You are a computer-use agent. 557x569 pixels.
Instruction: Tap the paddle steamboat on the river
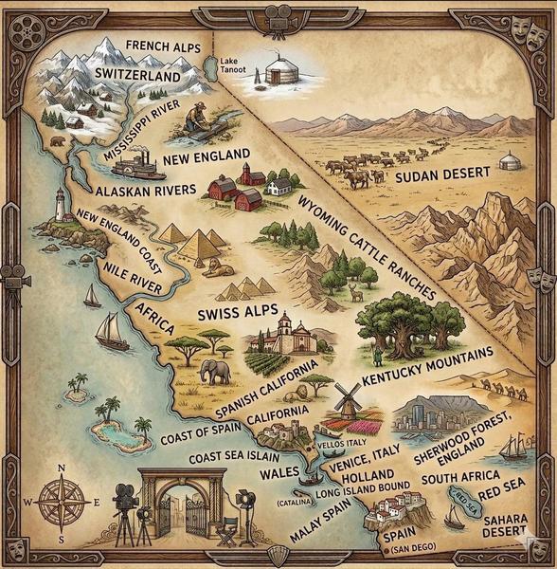(x=138, y=166)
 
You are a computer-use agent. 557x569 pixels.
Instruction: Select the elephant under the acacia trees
(x=216, y=370)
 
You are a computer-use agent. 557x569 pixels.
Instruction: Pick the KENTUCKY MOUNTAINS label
(x=427, y=366)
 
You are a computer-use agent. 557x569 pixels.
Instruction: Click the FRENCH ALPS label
(x=162, y=45)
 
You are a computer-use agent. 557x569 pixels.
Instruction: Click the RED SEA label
(x=503, y=494)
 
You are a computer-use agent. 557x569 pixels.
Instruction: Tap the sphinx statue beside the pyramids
(x=221, y=268)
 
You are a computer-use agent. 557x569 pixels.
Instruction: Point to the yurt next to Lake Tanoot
(x=277, y=71)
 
